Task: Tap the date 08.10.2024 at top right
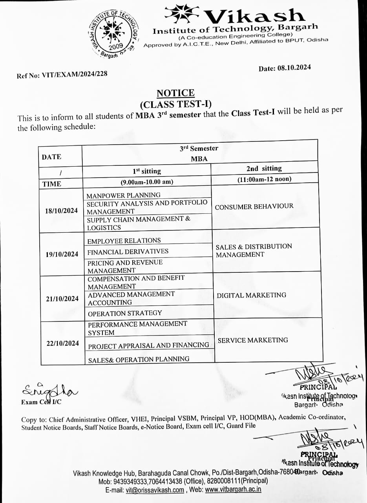(x=285, y=68)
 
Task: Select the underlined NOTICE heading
(x=175, y=93)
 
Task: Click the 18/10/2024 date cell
(x=62, y=211)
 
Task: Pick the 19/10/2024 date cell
(x=62, y=254)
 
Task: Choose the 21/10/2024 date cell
(x=62, y=299)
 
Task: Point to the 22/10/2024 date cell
(x=63, y=343)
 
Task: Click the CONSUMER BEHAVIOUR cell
(x=254, y=206)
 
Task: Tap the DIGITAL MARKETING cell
(x=252, y=295)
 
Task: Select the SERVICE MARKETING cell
(x=253, y=340)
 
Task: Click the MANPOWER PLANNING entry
(x=124, y=195)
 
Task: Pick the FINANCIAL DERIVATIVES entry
(x=128, y=251)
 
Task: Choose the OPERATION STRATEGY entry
(x=125, y=313)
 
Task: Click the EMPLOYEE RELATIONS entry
(x=124, y=240)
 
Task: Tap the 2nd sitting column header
(x=264, y=169)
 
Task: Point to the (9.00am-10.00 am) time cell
(x=147, y=182)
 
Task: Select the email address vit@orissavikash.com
(x=155, y=490)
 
